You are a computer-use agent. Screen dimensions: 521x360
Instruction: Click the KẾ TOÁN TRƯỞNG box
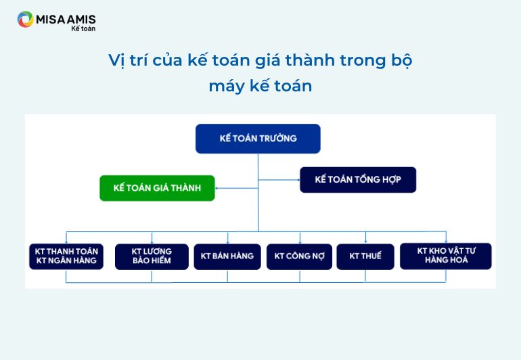(x=258, y=139)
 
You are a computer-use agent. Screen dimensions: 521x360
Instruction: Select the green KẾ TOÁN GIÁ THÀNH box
(x=157, y=188)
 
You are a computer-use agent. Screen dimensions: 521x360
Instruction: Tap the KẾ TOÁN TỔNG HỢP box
(x=358, y=180)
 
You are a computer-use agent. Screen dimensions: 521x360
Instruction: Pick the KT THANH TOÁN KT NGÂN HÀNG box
(x=66, y=256)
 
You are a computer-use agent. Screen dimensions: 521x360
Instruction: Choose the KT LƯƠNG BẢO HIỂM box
(x=152, y=256)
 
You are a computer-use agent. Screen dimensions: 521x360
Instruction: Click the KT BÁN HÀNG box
(x=227, y=256)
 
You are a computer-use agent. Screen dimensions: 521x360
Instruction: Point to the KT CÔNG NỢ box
(x=299, y=256)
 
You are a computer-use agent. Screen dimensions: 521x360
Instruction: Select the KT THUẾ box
(x=365, y=256)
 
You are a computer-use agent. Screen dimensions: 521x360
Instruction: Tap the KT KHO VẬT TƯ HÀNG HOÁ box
(x=446, y=256)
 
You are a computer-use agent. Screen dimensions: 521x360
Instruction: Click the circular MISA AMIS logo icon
(x=25, y=19)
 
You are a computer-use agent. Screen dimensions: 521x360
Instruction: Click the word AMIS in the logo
(x=81, y=19)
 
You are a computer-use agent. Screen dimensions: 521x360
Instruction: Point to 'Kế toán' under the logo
(x=83, y=28)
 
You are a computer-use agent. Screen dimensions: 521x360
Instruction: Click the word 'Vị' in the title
(x=116, y=60)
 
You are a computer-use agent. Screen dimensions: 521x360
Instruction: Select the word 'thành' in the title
(x=310, y=60)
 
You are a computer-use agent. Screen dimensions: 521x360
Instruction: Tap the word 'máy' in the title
(x=227, y=86)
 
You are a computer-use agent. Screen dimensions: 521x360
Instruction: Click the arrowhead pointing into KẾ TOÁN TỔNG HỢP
(x=298, y=180)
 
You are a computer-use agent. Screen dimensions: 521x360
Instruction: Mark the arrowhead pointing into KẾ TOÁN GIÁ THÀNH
(x=217, y=188)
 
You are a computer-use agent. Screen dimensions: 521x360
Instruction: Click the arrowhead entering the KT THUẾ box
(x=365, y=242)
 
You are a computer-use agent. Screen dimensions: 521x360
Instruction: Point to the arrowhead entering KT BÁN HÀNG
(x=227, y=242)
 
